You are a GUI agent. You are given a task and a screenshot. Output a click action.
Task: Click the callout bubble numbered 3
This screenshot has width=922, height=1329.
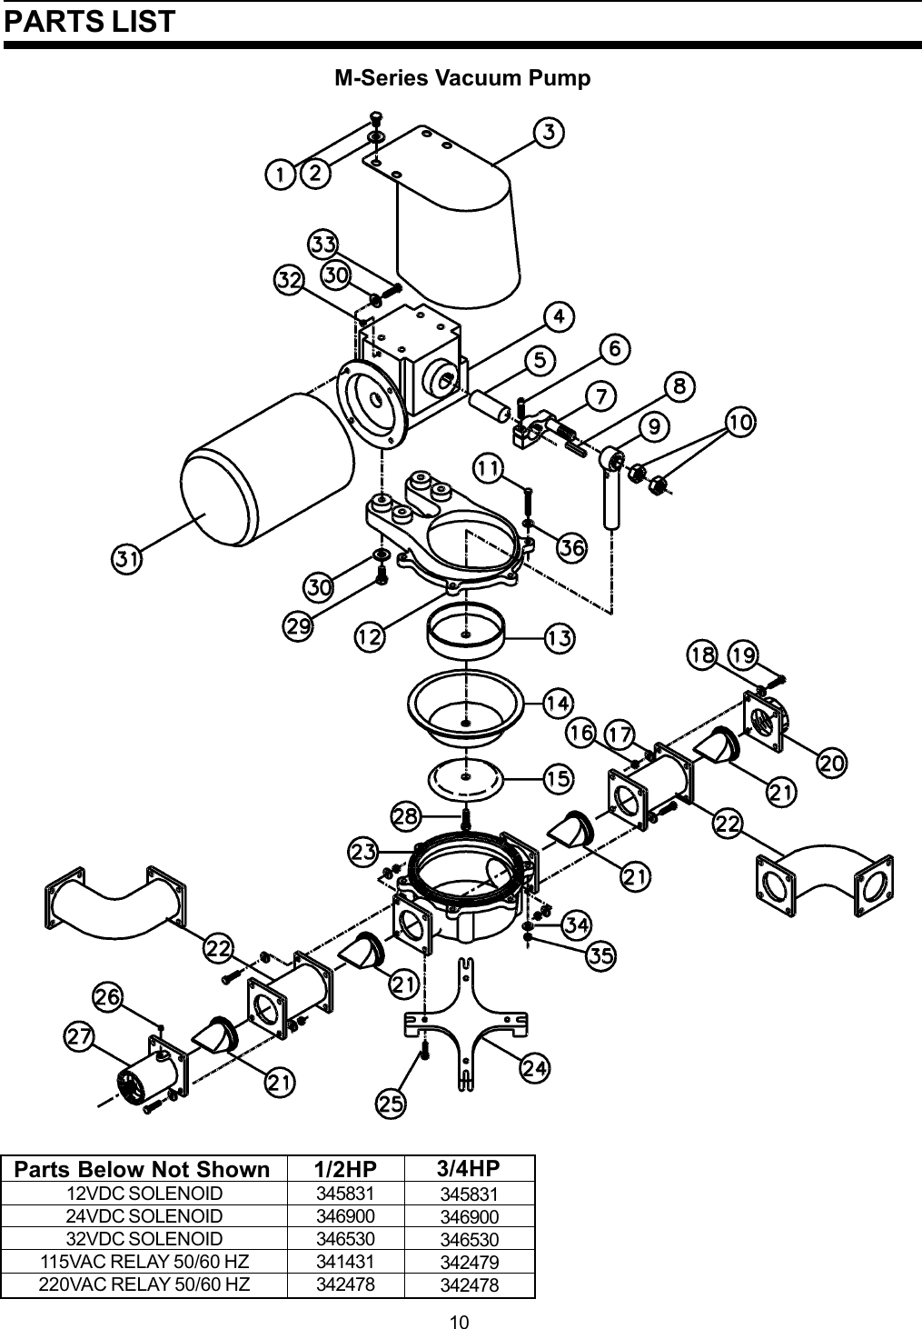(x=550, y=133)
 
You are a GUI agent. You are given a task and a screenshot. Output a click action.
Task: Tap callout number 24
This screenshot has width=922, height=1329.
(x=534, y=1069)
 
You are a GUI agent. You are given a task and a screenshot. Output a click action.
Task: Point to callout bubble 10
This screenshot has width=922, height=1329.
(x=740, y=422)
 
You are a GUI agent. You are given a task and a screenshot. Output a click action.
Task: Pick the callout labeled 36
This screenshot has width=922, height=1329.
(x=571, y=547)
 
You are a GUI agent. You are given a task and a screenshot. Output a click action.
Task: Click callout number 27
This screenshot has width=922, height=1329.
(x=79, y=1035)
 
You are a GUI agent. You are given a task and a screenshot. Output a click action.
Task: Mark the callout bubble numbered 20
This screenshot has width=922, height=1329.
(x=832, y=763)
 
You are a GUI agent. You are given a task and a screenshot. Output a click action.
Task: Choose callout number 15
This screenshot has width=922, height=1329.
(x=558, y=778)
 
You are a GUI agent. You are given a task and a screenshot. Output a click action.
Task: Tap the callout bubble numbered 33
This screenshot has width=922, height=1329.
(x=323, y=245)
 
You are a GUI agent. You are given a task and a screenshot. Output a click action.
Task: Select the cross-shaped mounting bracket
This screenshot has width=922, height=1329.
(x=465, y=1023)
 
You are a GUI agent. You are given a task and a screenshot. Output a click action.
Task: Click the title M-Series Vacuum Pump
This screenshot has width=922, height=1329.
(x=462, y=78)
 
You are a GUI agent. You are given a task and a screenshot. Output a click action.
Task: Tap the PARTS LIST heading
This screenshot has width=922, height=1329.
(x=89, y=22)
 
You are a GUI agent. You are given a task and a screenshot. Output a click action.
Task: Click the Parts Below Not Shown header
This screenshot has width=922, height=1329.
(x=143, y=1169)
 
